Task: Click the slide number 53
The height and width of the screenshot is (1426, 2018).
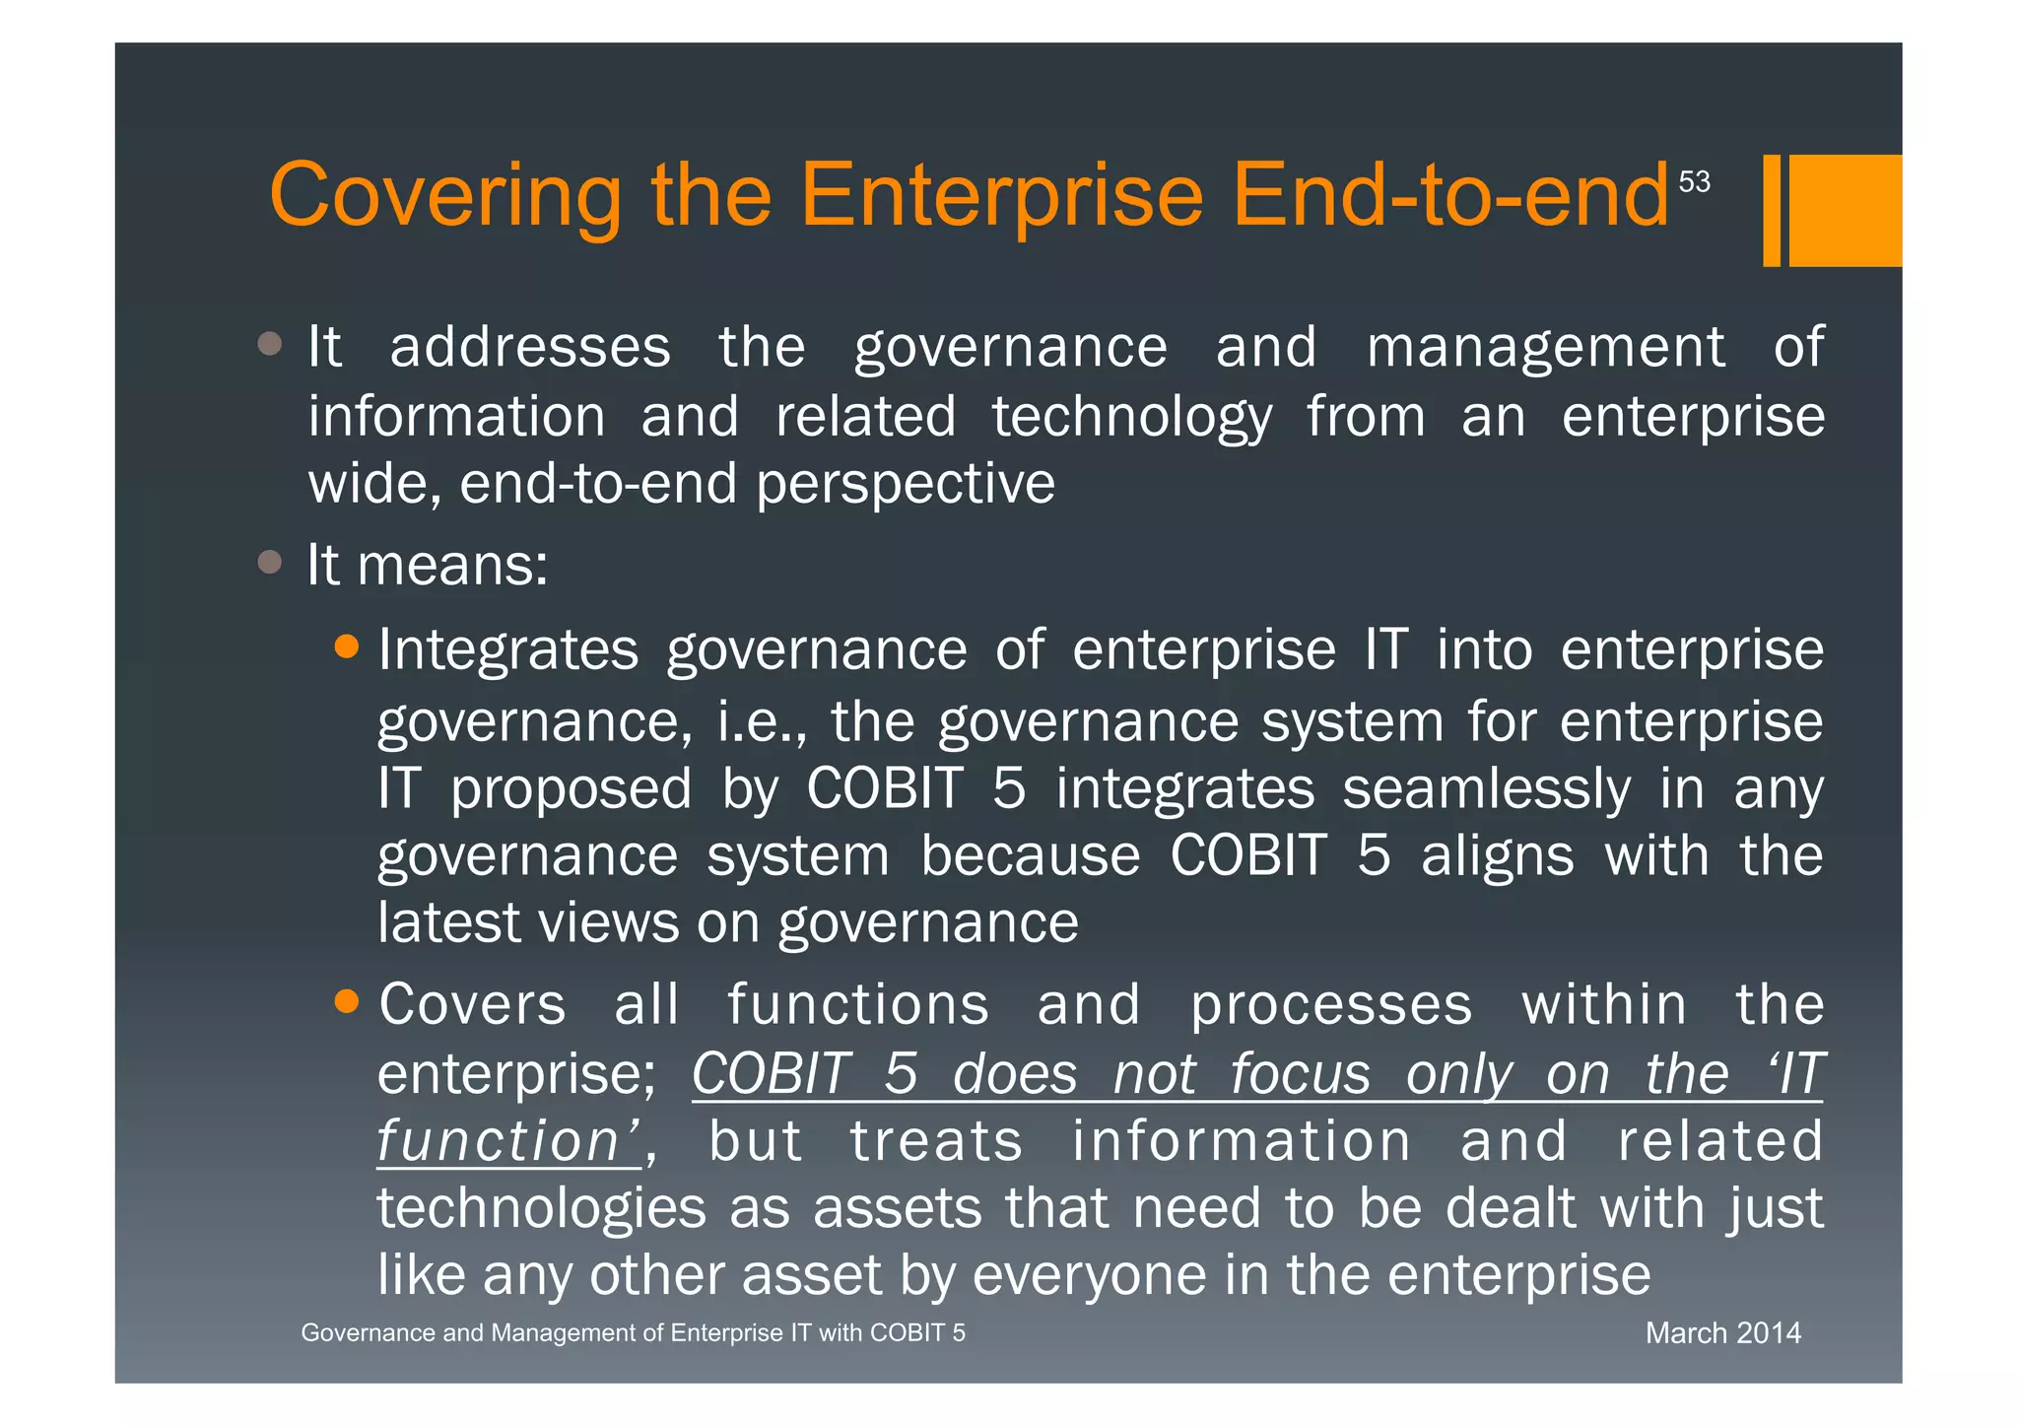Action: [x=1694, y=182]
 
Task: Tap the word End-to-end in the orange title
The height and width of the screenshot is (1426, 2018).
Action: [x=1449, y=196]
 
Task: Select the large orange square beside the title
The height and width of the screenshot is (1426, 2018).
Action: [x=1845, y=210]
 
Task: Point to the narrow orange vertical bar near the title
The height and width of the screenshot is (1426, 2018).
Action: [x=1772, y=210]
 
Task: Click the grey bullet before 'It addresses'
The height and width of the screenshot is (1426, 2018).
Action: [x=269, y=344]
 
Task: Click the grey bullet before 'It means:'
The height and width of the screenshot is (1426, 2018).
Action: [x=269, y=562]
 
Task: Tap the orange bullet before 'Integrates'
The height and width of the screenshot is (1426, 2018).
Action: [x=346, y=646]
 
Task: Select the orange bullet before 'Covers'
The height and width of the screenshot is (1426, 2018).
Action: [x=346, y=1001]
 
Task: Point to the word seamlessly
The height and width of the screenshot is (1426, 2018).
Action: [x=1486, y=789]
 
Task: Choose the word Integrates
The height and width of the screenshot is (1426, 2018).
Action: [x=508, y=650]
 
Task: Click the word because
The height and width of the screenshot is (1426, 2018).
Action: [x=1030, y=856]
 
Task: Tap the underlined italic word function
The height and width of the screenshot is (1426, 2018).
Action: [x=498, y=1142]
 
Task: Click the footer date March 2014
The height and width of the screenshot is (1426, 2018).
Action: [x=1722, y=1333]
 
